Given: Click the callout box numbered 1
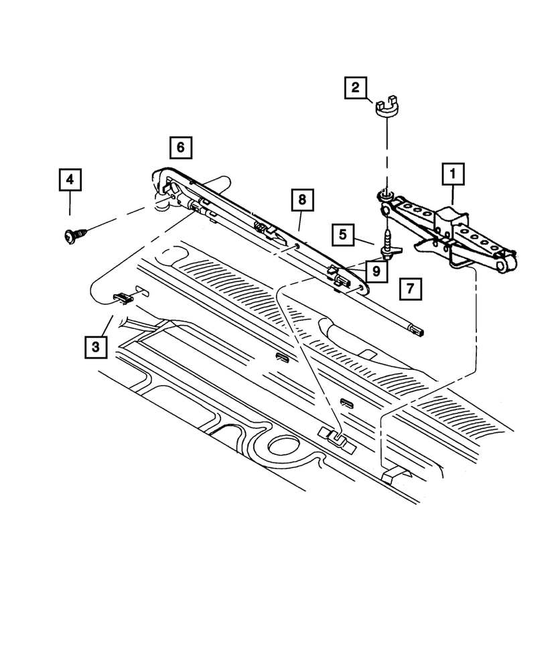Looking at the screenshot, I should pyautogui.click(x=453, y=176).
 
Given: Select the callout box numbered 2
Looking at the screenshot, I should pyautogui.click(x=356, y=88).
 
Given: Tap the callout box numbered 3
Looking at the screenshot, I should pyautogui.click(x=96, y=346).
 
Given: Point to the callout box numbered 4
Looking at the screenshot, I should pyautogui.click(x=70, y=180).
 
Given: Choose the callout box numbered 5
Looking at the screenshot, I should pyautogui.click(x=342, y=234).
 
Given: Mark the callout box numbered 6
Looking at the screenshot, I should pyautogui.click(x=180, y=146).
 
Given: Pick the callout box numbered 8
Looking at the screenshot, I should pyautogui.click(x=302, y=199).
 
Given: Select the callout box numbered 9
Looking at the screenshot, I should pyautogui.click(x=376, y=271).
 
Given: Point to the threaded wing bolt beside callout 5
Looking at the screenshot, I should pyautogui.click(x=388, y=245).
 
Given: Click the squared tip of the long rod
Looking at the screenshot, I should pyautogui.click(x=419, y=330).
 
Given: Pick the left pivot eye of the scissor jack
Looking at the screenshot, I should pyautogui.click(x=385, y=196).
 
